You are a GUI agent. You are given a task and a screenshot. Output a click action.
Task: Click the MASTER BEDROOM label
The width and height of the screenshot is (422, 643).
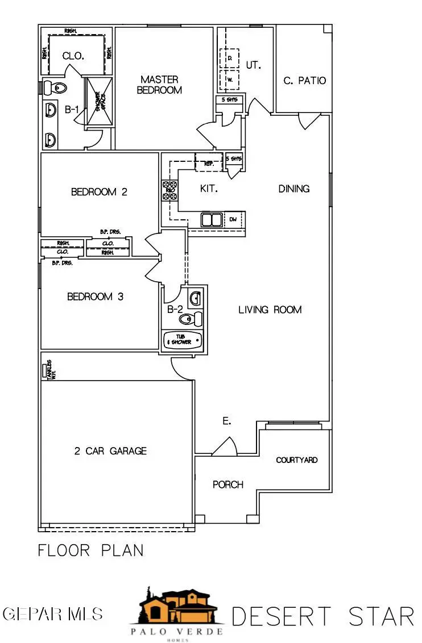point(160,85)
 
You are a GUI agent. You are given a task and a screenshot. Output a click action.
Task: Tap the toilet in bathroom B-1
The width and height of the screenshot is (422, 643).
point(55,87)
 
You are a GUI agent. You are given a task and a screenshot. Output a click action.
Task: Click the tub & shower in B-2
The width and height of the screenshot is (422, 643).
point(183,340)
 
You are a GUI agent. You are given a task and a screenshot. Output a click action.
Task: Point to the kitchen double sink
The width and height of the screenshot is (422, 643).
point(212,219)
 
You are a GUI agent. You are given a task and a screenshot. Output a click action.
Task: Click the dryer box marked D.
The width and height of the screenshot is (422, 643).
point(230,58)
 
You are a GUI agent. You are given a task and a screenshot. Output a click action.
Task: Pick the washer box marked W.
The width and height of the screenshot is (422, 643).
point(230,80)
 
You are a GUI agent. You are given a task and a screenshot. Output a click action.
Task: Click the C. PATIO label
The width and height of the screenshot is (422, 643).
point(305,81)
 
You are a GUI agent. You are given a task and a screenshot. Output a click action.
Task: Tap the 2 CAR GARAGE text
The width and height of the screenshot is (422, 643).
point(110,451)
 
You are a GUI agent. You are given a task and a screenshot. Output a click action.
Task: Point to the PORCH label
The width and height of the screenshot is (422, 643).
point(228,485)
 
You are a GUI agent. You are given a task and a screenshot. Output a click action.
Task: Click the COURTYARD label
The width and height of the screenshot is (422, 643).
point(297,460)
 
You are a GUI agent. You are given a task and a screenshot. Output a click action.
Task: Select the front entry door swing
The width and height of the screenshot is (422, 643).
point(226,447)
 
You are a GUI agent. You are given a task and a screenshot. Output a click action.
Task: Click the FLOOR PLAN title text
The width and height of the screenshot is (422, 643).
point(90,550)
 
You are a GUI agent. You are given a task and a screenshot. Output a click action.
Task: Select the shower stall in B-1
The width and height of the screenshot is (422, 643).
point(98,104)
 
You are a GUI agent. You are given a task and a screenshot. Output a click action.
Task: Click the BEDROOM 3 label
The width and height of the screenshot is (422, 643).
point(96,297)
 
